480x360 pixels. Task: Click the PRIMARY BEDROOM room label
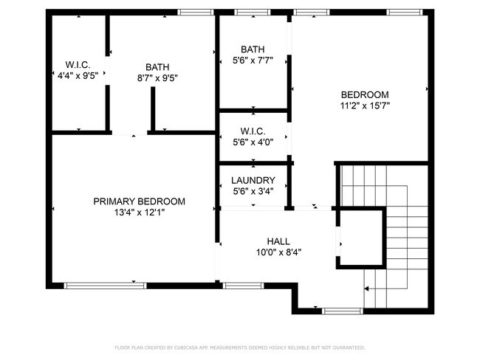tap(139, 201)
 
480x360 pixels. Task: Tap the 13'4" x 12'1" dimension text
tap(139, 213)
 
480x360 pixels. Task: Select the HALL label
tap(278, 241)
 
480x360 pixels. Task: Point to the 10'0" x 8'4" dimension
tap(278, 252)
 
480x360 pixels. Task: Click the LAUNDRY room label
tap(253, 181)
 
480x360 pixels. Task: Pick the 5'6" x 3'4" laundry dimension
tap(253, 192)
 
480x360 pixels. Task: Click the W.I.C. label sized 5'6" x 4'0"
tap(253, 131)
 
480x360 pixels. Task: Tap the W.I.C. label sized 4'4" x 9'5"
tap(78, 63)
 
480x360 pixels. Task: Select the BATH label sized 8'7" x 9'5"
tap(157, 67)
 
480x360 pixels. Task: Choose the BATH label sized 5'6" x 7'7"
tap(253, 49)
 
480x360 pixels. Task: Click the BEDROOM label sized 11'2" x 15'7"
tap(364, 94)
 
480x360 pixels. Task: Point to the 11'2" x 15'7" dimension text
tap(364, 105)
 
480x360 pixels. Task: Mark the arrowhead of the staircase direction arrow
tap(368, 289)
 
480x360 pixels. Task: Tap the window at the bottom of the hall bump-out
tap(343, 311)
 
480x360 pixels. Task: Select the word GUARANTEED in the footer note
tap(349, 347)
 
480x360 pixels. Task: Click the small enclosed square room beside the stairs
tap(361, 238)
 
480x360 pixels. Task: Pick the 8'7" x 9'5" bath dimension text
tap(157, 78)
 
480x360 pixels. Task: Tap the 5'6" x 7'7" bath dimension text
tap(253, 60)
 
